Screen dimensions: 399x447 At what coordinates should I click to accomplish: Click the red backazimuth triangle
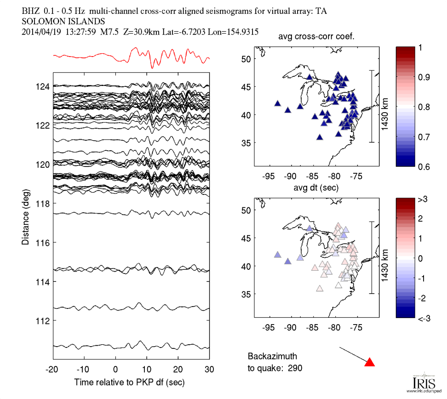[x=369, y=362]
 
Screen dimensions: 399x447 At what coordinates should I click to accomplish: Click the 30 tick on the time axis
[x=209, y=370]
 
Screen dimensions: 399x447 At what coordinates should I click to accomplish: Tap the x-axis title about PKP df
[x=132, y=382]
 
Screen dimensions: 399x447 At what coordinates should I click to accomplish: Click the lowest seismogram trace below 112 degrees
[x=132, y=346]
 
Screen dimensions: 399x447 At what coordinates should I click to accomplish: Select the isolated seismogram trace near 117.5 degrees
[x=132, y=213]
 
